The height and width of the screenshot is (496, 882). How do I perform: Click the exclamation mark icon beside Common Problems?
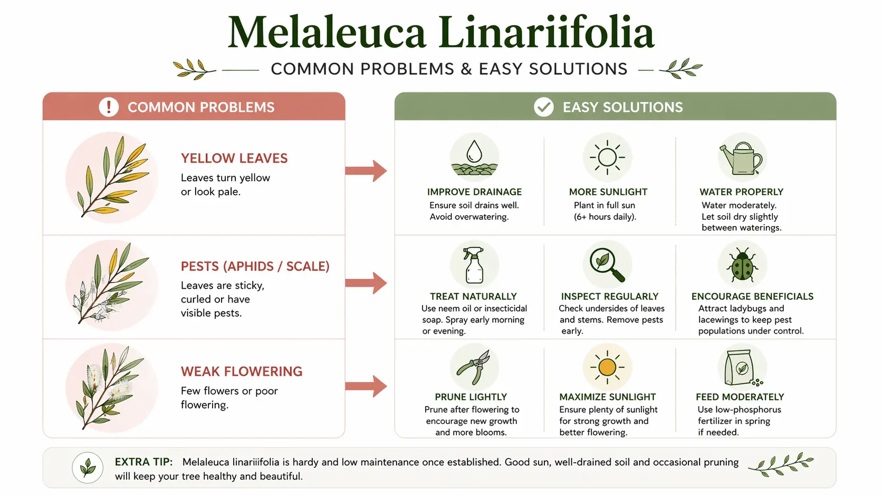tap(109, 107)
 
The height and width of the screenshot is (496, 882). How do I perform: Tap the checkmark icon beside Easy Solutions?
tap(544, 107)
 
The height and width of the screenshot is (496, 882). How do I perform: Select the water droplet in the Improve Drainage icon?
tap(474, 151)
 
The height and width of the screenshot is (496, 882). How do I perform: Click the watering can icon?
tap(741, 159)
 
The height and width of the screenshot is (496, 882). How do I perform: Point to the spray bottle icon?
tap(474, 265)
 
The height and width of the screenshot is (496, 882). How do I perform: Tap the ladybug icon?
tap(742, 265)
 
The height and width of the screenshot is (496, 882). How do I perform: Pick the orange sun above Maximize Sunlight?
tap(607, 367)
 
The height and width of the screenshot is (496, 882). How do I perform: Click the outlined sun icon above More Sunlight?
tap(607, 157)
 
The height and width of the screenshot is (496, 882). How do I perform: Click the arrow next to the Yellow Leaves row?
tap(366, 171)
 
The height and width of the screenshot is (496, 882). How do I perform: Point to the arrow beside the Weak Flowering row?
tap(366, 386)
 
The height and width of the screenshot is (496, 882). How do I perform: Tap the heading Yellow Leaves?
tap(234, 158)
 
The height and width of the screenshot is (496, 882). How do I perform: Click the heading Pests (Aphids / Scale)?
tap(255, 266)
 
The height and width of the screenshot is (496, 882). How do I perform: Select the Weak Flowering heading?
tap(242, 371)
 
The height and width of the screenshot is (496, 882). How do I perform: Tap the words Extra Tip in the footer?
tap(143, 462)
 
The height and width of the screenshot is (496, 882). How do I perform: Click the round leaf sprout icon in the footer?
tap(88, 468)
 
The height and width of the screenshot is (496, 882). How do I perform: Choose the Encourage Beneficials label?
tap(752, 296)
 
